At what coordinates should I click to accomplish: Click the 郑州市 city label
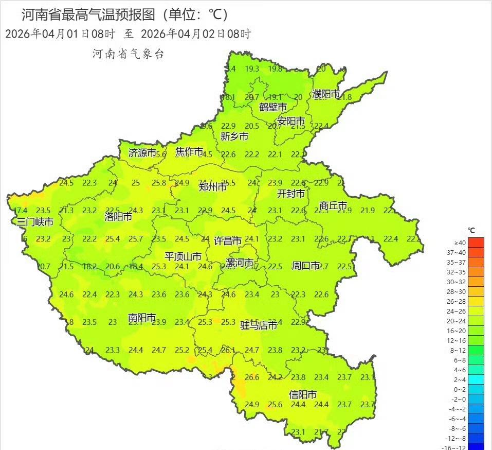click(213, 187)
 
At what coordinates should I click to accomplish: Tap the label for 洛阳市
click(118, 216)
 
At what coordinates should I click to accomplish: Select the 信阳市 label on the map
click(303, 394)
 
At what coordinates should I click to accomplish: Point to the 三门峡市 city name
click(35, 222)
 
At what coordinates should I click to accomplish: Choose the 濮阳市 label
click(326, 94)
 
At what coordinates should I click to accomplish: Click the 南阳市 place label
click(142, 319)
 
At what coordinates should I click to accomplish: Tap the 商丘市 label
click(333, 205)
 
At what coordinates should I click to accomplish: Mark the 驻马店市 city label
click(259, 325)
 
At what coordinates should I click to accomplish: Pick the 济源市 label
click(142, 153)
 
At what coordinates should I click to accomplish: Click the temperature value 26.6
click(252, 377)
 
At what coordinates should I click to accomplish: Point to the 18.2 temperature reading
click(90, 267)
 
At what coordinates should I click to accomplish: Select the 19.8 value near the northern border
click(275, 69)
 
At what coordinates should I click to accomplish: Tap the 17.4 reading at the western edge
click(21, 210)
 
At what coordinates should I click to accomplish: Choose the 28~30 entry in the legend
click(460, 291)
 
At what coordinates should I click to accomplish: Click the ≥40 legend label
click(460, 243)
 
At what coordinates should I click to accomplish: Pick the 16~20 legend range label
click(460, 331)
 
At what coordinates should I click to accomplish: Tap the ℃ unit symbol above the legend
click(471, 230)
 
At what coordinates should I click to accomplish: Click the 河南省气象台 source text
click(127, 54)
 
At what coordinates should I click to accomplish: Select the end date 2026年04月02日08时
click(195, 34)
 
